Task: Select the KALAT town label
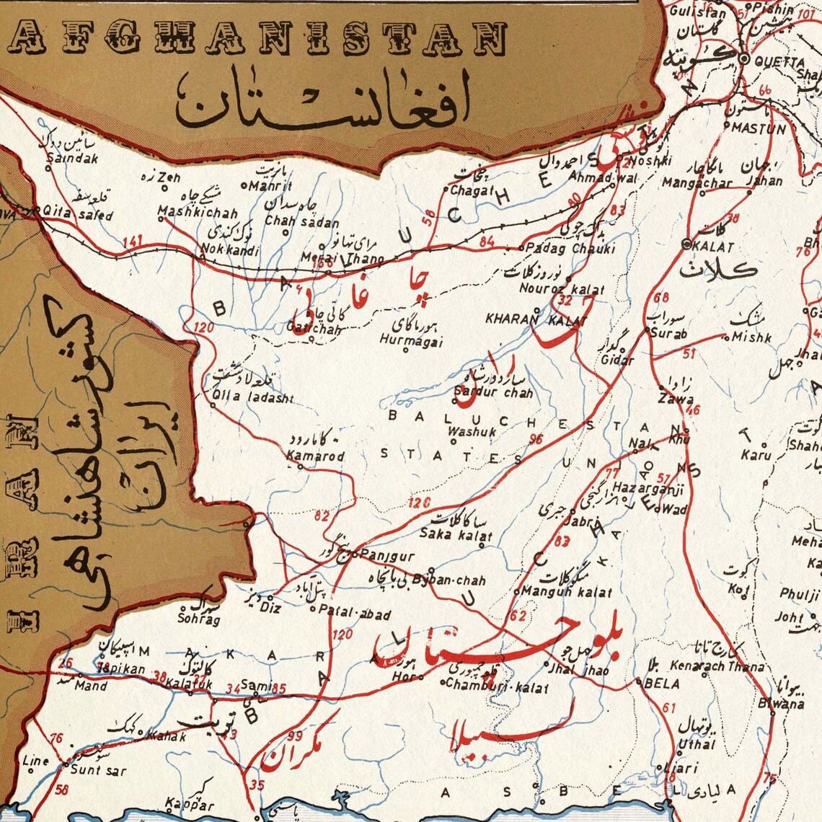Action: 712,247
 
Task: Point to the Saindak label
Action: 71,159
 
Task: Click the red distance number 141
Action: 133,242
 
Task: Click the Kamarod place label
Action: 315,456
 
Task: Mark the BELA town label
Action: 662,682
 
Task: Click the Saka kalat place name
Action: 456,534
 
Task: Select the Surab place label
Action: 668,334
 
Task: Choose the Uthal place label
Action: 696,743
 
